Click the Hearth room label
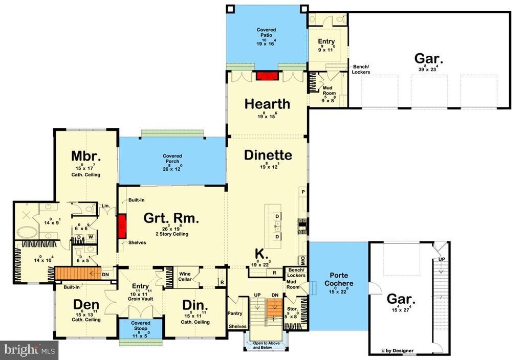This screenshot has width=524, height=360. pos(267,104)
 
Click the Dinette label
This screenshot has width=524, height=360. pos(268,155)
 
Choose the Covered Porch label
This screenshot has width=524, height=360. pos(172,159)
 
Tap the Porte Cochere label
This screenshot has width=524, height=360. pos(338,280)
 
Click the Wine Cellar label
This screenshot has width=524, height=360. pos(184,277)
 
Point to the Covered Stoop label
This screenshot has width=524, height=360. pos(140,325)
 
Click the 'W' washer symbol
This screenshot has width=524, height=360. pos(91,237)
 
